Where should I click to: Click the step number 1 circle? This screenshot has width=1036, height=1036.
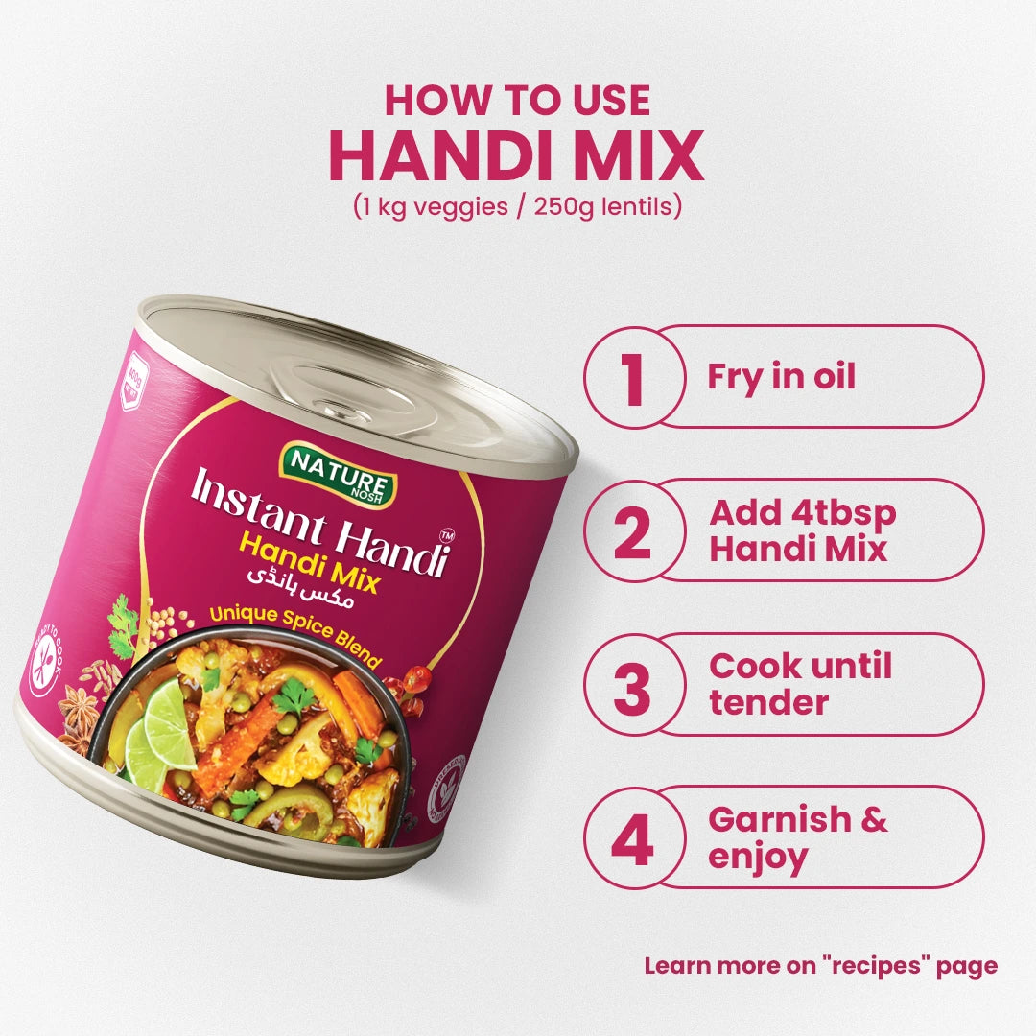click(631, 377)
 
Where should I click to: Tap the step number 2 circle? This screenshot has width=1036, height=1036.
click(631, 530)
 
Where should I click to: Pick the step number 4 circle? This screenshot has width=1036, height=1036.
click(631, 837)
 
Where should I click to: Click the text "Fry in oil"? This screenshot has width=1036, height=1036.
click(781, 377)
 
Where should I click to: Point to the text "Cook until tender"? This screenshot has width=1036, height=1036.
click(800, 684)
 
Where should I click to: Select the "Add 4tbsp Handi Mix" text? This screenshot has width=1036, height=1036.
click(802, 530)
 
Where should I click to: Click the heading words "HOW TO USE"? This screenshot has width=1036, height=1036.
click(517, 101)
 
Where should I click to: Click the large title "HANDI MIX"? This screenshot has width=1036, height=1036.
click(517, 156)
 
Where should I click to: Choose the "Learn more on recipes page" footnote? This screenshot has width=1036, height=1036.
click(820, 966)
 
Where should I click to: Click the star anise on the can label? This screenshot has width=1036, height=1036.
click(77, 711)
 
